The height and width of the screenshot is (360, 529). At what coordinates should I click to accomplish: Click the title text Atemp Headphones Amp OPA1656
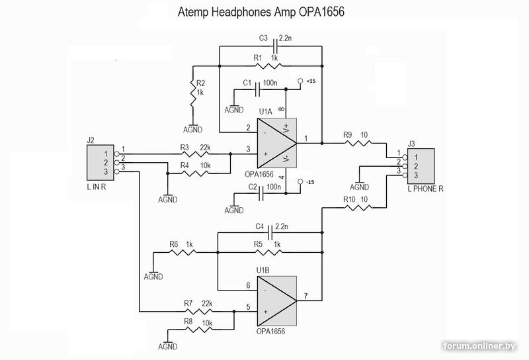262,13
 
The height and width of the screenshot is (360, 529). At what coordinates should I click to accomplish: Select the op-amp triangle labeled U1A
274,142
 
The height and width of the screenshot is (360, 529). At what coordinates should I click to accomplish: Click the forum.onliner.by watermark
489,345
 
